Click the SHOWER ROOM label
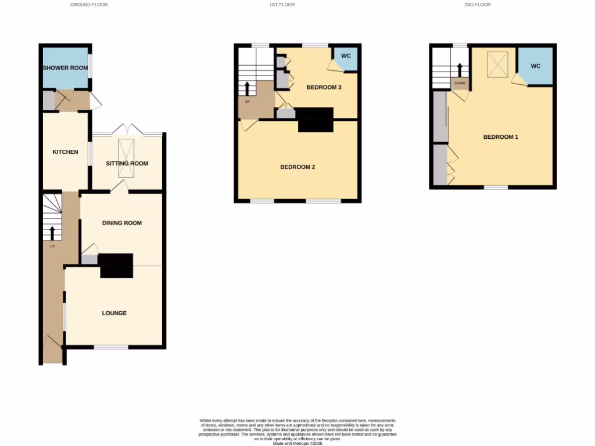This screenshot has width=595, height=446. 66,68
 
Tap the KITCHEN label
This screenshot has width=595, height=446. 66,152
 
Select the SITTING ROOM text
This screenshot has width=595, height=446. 127,164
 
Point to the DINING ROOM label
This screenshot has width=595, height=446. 122,223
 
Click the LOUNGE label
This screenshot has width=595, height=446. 114,314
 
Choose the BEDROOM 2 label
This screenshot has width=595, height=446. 297,167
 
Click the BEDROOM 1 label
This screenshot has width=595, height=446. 500,137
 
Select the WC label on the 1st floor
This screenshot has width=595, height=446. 346,56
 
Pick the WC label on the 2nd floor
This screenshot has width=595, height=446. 535,66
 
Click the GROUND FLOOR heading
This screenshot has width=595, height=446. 89,5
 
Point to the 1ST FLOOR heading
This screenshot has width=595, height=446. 282,5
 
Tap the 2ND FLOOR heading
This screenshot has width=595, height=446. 477,5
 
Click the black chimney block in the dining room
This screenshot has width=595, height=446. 116,265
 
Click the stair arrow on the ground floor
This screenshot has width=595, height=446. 53,232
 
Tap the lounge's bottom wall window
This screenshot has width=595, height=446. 111,347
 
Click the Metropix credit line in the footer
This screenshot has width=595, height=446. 297,443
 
